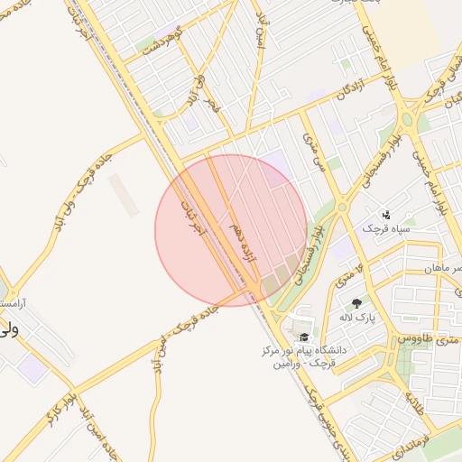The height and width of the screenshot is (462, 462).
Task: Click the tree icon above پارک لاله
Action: click(356, 303)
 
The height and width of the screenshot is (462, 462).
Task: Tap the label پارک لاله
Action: click(356, 318)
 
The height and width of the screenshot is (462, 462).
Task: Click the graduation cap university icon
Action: click(303, 337)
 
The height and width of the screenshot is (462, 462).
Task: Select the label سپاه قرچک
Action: click(385, 228)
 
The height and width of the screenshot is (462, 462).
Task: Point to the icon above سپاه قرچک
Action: click(386, 214)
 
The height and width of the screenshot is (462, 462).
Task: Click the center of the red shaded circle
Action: click(231, 231)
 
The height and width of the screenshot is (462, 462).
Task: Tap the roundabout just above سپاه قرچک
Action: click(342, 208)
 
